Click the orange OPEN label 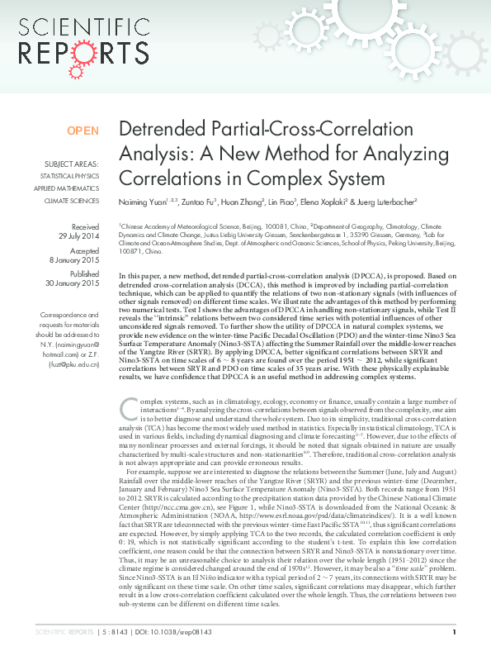pyautogui.click(x=83, y=131)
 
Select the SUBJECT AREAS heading pyautogui.click(x=72, y=164)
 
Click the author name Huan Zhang pyautogui.click(x=242, y=201)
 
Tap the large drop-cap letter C pyautogui.click(x=128, y=407)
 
